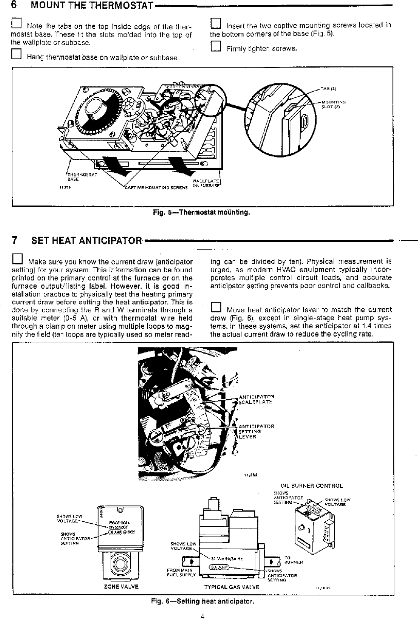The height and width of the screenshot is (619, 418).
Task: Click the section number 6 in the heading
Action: click(15, 6)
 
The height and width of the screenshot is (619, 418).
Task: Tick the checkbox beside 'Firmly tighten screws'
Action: click(215, 47)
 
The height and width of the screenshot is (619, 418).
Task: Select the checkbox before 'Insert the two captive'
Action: click(215, 24)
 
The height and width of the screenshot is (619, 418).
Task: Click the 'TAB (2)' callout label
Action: click(328, 89)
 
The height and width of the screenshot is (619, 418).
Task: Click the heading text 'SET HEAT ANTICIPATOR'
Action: click(86, 240)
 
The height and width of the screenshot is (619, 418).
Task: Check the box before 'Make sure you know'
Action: click(17, 258)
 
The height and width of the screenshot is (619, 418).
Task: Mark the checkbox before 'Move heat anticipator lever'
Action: click(216, 308)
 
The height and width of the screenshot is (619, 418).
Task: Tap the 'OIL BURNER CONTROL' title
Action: click(311, 485)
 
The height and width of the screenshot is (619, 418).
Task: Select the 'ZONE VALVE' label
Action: click(121, 586)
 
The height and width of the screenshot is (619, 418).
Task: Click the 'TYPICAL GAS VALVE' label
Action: click(232, 587)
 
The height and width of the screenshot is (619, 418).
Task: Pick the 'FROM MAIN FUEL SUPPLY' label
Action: click(181, 573)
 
